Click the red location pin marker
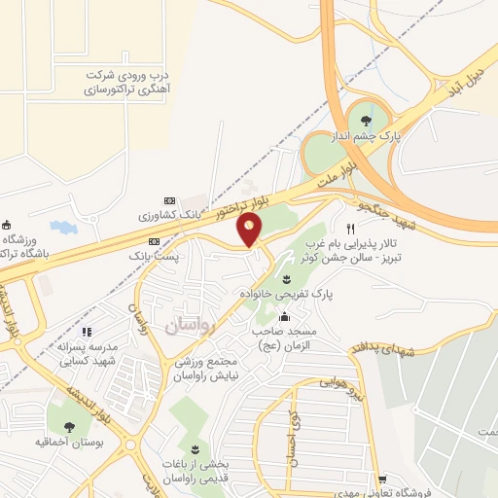[x=251, y=231]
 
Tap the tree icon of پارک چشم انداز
[x=366, y=122]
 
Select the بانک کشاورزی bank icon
[x=169, y=199]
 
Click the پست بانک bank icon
[x=154, y=240]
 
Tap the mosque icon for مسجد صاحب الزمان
[x=284, y=317]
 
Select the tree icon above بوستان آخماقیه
[x=69, y=425]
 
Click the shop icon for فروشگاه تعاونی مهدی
[x=383, y=479]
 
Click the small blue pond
[x=62, y=227]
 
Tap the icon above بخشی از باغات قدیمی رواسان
[x=196, y=449]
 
